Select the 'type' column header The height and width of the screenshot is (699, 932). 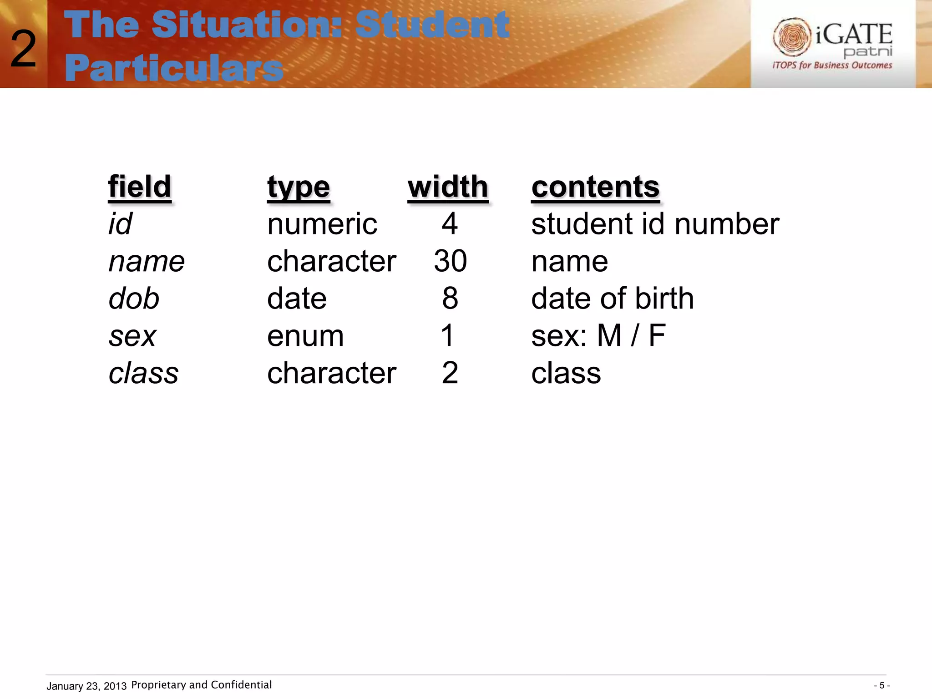298,187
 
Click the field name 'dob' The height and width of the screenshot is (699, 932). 134,299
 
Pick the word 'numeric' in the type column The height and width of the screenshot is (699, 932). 322,224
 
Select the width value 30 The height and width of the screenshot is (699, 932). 450,261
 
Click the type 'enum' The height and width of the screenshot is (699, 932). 305,336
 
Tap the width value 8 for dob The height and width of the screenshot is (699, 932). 450,299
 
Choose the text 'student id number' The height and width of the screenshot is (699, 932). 655,224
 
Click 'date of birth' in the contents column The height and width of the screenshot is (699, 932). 612,299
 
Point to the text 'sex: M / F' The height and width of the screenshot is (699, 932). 598,336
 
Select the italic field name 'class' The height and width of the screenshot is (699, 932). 143,373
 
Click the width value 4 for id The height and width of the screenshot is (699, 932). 450,224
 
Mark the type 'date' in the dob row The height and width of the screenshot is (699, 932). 297,299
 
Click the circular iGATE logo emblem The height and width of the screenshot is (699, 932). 792,37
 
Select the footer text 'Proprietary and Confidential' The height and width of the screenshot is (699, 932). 201,685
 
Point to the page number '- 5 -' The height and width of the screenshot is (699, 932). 881,685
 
